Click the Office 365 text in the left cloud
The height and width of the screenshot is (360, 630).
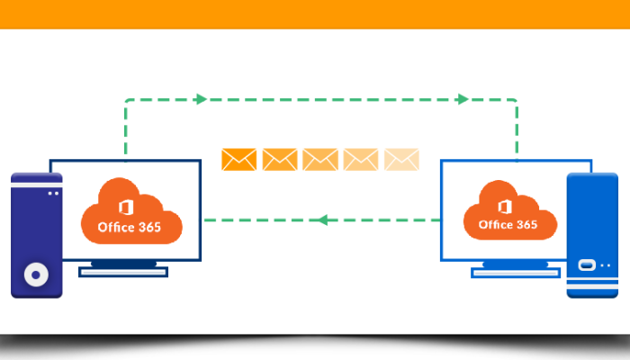pyautogui.click(x=130, y=227)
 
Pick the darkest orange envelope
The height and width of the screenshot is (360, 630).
pyautogui.click(x=239, y=159)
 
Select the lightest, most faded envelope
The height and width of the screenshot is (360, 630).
pyautogui.click(x=401, y=159)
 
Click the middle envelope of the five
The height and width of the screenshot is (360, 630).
pyautogui.click(x=320, y=159)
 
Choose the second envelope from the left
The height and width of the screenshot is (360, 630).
pyautogui.click(x=280, y=159)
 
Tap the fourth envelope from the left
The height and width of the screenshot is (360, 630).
pyautogui.click(x=361, y=159)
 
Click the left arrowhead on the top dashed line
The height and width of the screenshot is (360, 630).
pyautogui.click(x=202, y=99)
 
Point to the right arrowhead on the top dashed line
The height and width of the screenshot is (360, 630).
pyautogui.click(x=462, y=99)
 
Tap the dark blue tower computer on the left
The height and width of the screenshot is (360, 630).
pyautogui.click(x=36, y=236)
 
